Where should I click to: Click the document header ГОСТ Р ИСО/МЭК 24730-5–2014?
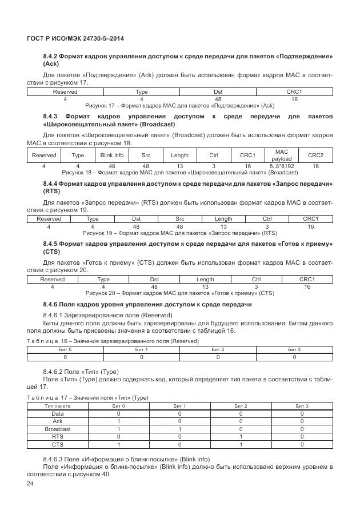coord(75,38)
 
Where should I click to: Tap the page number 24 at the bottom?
coord(30,484)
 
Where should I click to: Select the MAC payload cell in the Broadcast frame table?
coord(281,155)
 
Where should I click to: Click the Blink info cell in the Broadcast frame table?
coord(112,155)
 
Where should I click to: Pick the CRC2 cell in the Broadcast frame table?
coord(315,155)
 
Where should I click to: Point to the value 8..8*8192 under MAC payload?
coord(281,166)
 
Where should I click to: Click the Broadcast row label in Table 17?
coord(58,429)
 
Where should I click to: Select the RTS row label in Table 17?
coord(58,436)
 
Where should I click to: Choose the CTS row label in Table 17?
coord(58,444)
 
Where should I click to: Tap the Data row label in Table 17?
coord(58,413)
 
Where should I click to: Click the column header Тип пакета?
coord(58,405)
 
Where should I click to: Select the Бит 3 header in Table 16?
coord(294,349)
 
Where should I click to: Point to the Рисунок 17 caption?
coord(179,106)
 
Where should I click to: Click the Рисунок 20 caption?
coord(179,293)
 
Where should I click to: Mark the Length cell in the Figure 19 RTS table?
coord(223,219)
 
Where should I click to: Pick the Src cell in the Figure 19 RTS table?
coord(179,219)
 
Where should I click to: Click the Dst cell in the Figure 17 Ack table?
coord(218,91)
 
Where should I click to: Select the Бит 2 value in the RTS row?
coord(241,436)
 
